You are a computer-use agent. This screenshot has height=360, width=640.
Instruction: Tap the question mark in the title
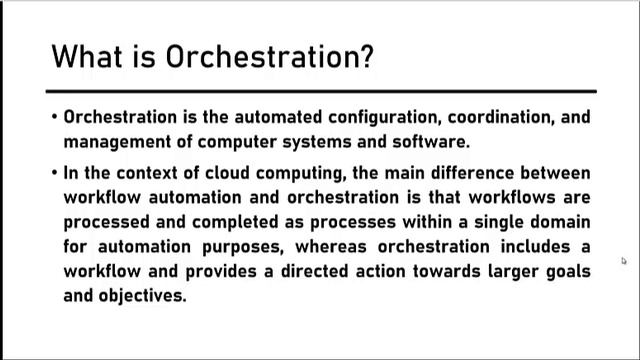pyautogui.click(x=365, y=56)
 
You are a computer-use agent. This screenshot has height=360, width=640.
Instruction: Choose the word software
pyautogui.click(x=430, y=141)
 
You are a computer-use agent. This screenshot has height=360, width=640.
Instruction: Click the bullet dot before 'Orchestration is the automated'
pyautogui.click(x=54, y=117)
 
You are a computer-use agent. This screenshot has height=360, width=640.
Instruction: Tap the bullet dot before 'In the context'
pyautogui.click(x=54, y=173)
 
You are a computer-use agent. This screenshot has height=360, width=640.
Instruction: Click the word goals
pyautogui.click(x=567, y=272)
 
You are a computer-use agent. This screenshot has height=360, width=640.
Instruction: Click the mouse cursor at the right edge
pyautogui.click(x=624, y=262)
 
